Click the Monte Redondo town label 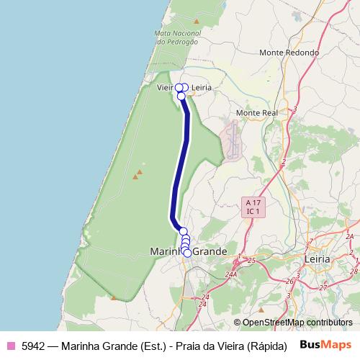(x=289, y=53)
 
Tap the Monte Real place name (x=257, y=114)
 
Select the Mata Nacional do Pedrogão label (x=176, y=37)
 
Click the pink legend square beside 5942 (x=10, y=345)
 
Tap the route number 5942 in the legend (x=33, y=345)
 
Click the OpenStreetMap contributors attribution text (x=297, y=323)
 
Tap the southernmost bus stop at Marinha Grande (x=187, y=253)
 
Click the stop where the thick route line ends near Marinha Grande (x=183, y=230)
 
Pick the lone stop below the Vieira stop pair (x=181, y=95)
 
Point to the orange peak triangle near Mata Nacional (x=197, y=22)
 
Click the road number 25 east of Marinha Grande (x=251, y=260)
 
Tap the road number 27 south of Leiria (x=323, y=287)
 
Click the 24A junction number (x=230, y=274)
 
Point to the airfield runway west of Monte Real (x=233, y=140)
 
